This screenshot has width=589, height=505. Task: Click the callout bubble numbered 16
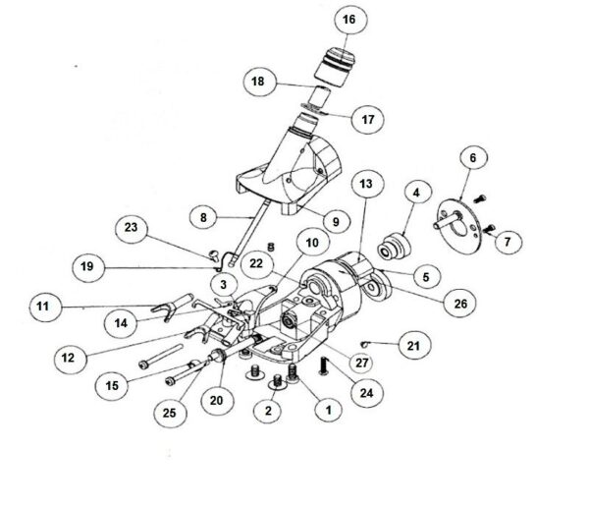[350, 20]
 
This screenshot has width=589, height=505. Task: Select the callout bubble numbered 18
[259, 82]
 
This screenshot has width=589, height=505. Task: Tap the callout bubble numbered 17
[368, 119]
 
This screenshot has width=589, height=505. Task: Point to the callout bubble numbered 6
[472, 157]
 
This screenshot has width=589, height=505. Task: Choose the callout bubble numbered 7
[508, 241]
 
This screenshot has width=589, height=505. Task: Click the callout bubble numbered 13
[367, 184]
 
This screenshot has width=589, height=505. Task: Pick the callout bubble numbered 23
[132, 228]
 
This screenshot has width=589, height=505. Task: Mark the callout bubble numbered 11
[45, 306]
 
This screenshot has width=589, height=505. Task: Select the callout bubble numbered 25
[170, 413]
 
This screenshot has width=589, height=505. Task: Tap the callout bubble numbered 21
[414, 346]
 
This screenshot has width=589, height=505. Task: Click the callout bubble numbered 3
[224, 285]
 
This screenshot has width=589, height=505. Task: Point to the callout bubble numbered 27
[361, 363]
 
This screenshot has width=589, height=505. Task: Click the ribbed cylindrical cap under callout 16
[335, 68]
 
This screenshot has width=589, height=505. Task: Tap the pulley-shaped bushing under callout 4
[394, 246]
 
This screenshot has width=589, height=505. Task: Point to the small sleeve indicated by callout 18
[319, 96]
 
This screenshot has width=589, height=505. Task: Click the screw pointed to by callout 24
[323, 365]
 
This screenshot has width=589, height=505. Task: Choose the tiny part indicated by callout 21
[364, 343]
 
